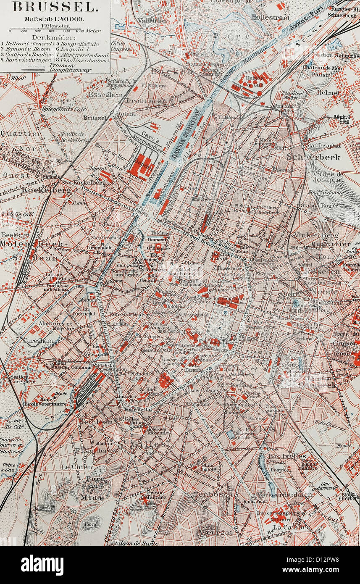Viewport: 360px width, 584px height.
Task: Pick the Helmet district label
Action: (x=328, y=93)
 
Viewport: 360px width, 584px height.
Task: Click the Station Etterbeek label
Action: (x=348, y=496)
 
